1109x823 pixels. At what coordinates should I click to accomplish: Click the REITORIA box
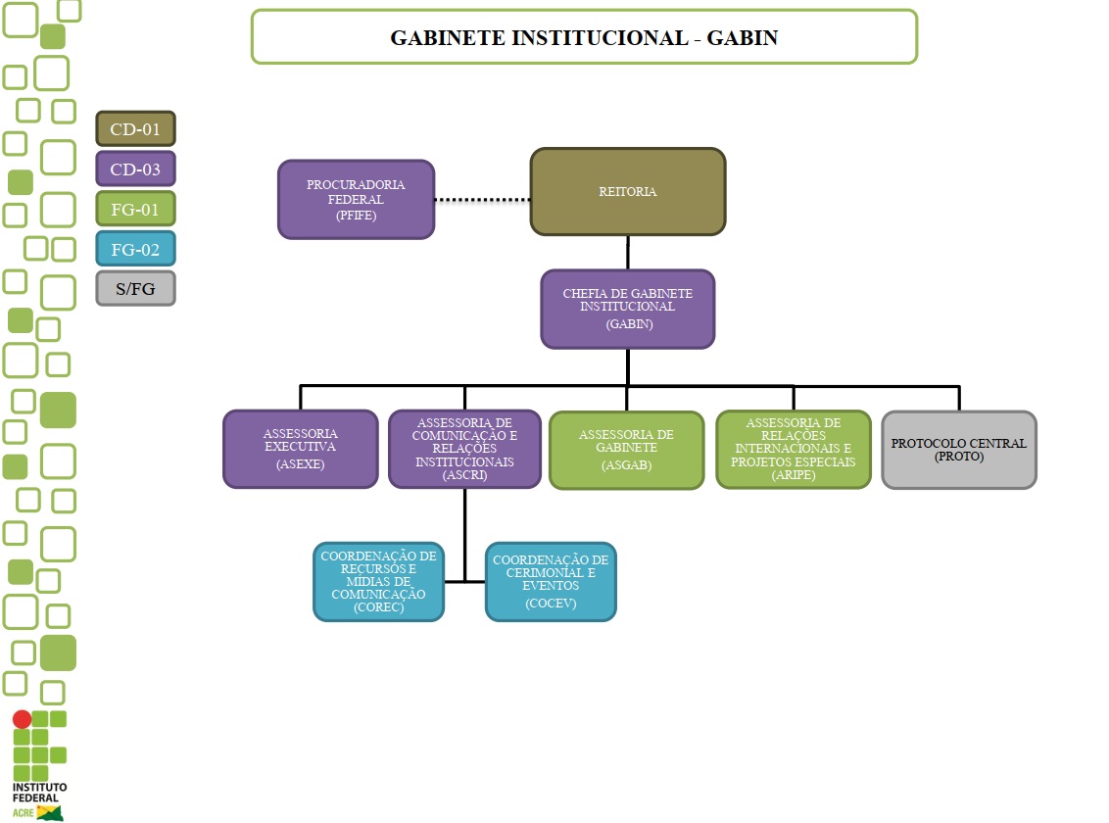click(x=628, y=192)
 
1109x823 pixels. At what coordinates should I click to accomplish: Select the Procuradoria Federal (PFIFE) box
click(x=356, y=200)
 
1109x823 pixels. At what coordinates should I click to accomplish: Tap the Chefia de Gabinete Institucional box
click(x=628, y=309)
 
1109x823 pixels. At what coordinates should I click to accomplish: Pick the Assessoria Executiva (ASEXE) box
click(x=301, y=449)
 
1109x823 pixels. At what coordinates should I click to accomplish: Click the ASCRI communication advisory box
click(x=464, y=449)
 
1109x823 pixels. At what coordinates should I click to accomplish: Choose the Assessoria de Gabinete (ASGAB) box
click(x=626, y=450)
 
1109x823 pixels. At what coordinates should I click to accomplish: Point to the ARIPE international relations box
click(x=794, y=449)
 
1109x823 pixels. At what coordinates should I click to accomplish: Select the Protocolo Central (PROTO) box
click(x=959, y=450)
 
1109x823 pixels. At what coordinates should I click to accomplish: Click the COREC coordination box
click(x=378, y=581)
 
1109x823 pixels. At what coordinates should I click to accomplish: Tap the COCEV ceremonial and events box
click(x=551, y=581)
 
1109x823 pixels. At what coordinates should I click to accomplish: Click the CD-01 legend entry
click(x=135, y=128)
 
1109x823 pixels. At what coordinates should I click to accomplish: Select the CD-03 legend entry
click(x=135, y=169)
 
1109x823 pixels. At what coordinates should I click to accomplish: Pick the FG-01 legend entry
click(x=135, y=209)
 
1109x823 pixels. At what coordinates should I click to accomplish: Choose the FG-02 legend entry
click(x=135, y=249)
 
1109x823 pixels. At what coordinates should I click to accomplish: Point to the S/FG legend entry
click(x=135, y=289)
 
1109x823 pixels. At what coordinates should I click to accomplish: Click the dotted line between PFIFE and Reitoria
click(x=482, y=200)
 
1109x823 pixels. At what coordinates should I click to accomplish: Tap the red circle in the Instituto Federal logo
click(x=22, y=719)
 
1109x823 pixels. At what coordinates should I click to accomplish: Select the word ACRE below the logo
click(x=23, y=812)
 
